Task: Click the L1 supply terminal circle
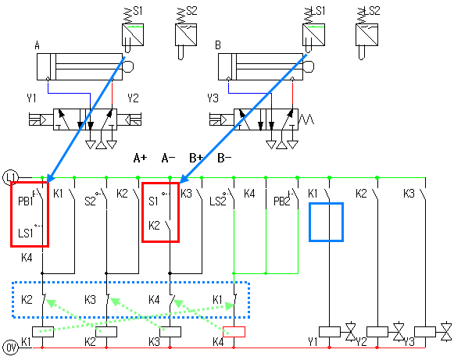(x=10, y=177)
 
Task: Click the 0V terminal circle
(x=10, y=348)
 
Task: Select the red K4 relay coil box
(x=234, y=332)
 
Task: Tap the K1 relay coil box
(x=43, y=332)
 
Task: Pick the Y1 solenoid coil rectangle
(x=330, y=332)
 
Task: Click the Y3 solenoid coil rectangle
(x=425, y=332)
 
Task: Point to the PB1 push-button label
(x=26, y=201)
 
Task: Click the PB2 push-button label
(x=282, y=201)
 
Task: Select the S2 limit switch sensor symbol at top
(x=186, y=34)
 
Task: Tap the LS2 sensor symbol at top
(x=366, y=34)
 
